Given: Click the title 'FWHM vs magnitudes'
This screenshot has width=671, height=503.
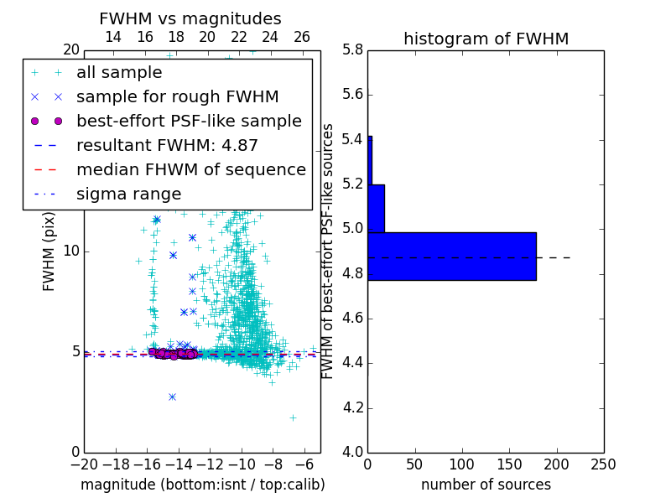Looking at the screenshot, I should pyautogui.click(x=190, y=18).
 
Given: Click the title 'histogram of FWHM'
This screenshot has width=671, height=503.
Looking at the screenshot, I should pyautogui.click(x=486, y=39).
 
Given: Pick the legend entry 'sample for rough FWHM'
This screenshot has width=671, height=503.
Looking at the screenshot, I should pyautogui.click(x=177, y=96).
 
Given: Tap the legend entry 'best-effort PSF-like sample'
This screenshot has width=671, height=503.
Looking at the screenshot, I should pyautogui.click(x=189, y=121).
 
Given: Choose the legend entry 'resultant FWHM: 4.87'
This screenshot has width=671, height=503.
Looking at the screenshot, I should pyautogui.click(x=167, y=145).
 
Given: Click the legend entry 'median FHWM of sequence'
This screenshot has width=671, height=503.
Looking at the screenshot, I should pyautogui.click(x=190, y=169).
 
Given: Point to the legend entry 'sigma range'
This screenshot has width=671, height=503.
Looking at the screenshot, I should pyautogui.click(x=128, y=194).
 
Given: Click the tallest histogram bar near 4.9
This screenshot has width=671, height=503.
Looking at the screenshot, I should pyautogui.click(x=452, y=256).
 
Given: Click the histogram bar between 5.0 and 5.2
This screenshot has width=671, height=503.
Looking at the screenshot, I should pyautogui.click(x=376, y=208).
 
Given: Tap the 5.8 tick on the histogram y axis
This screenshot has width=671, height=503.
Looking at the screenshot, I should pyautogui.click(x=352, y=49).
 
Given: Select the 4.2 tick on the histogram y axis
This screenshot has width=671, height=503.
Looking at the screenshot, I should pyautogui.click(x=352, y=407).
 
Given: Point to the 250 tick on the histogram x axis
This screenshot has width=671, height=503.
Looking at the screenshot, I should pyautogui.click(x=603, y=464).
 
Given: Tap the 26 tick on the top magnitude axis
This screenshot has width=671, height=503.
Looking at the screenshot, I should pyautogui.click(x=302, y=37).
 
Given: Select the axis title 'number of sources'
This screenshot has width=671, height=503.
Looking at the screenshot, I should pyautogui.click(x=486, y=485).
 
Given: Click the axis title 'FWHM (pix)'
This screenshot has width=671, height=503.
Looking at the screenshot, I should pyautogui.click(x=49, y=251).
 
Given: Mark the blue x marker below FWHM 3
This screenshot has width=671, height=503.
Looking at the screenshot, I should pyautogui.click(x=172, y=397).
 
